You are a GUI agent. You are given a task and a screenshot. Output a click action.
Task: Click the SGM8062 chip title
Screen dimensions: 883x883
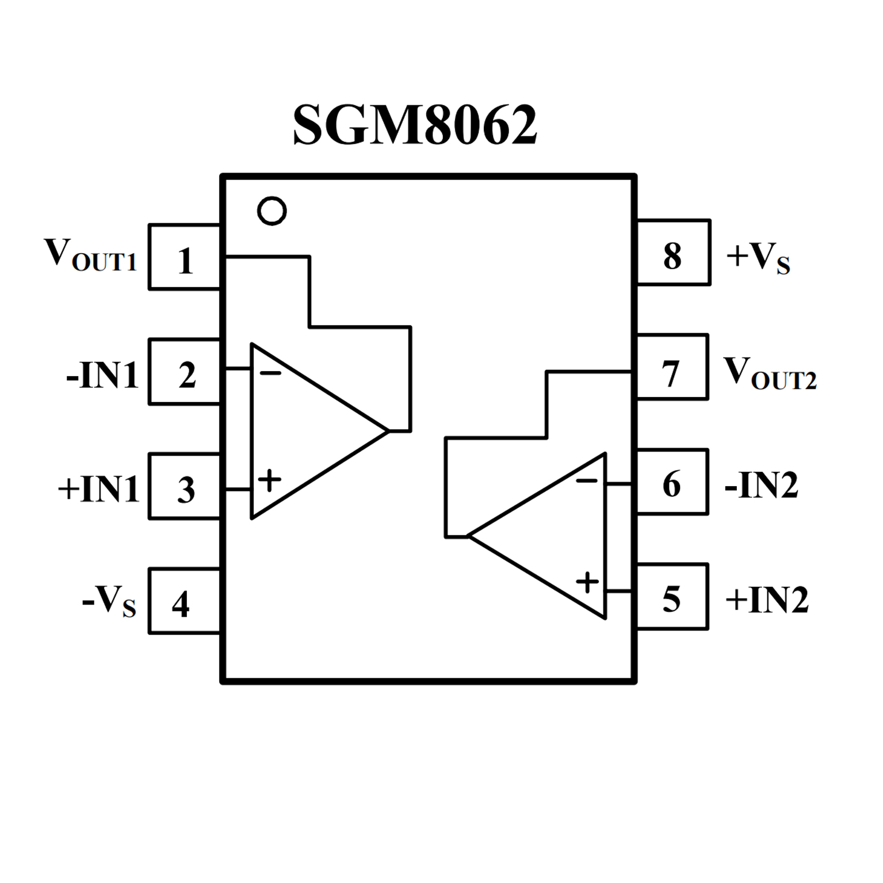[415, 125]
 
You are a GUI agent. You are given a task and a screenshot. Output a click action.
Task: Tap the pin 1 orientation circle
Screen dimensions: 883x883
[272, 211]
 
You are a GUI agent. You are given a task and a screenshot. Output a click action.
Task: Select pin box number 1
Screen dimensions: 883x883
[185, 257]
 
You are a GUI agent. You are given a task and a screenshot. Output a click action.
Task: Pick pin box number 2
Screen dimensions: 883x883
[185, 372]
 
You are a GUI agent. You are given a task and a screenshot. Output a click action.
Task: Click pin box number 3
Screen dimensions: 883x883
[185, 487]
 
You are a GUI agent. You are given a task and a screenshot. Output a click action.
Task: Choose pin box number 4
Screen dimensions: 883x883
[185, 601]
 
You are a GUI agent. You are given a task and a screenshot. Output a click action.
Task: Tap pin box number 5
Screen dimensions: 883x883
[672, 597]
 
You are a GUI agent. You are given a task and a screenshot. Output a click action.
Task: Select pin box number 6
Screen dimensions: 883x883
[672, 482]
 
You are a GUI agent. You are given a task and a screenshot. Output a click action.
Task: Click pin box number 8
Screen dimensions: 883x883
[673, 253]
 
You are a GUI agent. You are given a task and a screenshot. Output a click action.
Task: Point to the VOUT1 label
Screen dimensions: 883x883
[90, 254]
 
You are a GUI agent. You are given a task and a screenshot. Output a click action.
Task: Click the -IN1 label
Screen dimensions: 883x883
[102, 375]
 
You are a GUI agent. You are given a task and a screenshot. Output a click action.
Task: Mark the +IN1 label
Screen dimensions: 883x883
[99, 489]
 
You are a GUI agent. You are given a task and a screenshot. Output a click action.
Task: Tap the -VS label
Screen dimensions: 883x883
[109, 602]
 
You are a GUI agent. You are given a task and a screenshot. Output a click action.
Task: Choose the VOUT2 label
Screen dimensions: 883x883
[770, 373]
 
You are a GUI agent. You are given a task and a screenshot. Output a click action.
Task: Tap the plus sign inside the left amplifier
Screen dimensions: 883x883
[269, 479]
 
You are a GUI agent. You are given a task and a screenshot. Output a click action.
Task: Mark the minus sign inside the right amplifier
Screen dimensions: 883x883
[587, 480]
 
